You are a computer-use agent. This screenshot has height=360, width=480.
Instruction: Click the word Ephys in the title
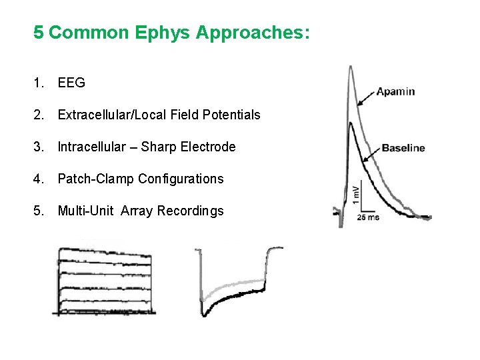click(x=161, y=33)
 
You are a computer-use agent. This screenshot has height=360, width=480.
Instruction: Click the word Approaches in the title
click(x=253, y=33)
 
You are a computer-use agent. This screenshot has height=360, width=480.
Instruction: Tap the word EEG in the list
click(x=71, y=83)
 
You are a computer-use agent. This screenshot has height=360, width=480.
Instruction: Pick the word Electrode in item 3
click(x=209, y=147)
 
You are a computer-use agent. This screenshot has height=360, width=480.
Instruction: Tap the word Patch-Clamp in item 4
click(x=96, y=179)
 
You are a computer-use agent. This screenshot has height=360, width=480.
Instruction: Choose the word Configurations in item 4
click(x=181, y=179)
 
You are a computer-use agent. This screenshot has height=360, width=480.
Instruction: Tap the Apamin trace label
click(x=395, y=91)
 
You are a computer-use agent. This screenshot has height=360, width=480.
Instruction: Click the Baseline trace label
click(x=403, y=148)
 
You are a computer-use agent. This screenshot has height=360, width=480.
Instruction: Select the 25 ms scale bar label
click(x=369, y=217)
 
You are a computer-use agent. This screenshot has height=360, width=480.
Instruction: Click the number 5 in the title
click(x=39, y=33)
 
